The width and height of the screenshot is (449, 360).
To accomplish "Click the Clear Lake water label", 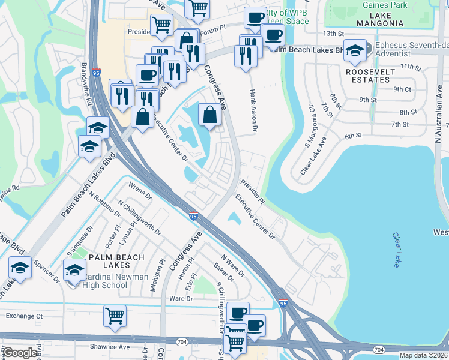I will click(x=398, y=250).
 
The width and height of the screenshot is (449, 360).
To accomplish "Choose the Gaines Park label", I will click(x=385, y=5).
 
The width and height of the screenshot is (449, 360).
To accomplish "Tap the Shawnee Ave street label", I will click(x=109, y=347).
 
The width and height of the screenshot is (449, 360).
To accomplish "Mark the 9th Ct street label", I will click(x=402, y=89).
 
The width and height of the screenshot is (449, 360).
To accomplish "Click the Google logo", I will click(x=20, y=353).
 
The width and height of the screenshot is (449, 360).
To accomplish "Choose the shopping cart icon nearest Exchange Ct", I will click(x=114, y=316).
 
